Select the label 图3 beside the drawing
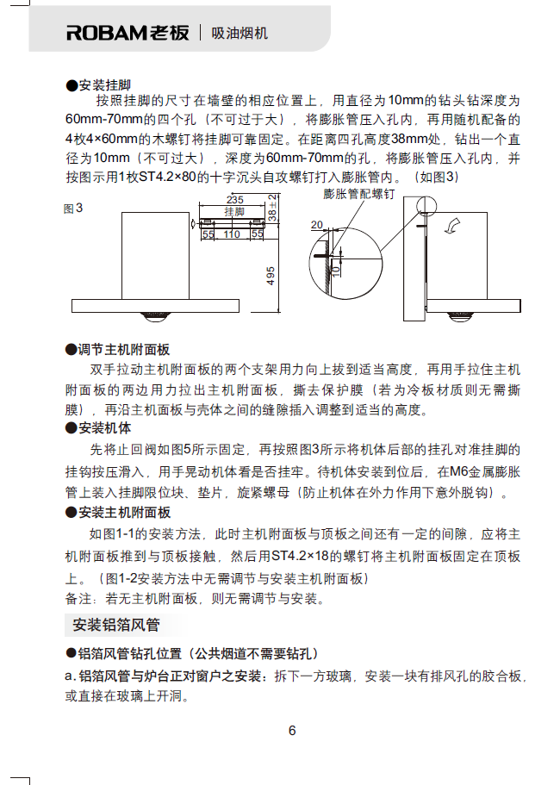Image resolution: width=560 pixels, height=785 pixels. pos(73,209)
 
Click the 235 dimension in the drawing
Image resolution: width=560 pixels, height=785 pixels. pos(233,200)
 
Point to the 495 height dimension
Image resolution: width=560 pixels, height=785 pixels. pos(271,275)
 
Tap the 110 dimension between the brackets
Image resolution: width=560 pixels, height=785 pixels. pos(233,234)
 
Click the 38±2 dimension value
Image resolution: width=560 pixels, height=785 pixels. pos(271,209)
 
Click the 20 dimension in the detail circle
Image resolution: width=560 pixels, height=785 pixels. pos(318,225)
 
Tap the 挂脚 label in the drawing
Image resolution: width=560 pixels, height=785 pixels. pos(233,211)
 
